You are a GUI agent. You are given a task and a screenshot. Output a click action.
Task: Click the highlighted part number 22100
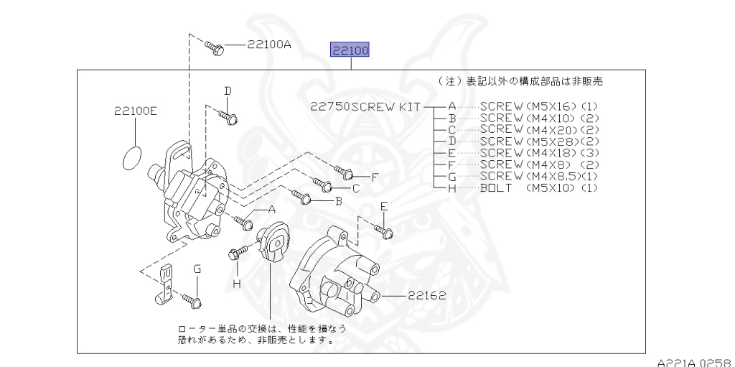point(350,50)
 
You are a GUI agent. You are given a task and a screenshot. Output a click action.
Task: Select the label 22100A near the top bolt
point(269,45)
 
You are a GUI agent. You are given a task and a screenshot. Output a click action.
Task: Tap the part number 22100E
point(136,111)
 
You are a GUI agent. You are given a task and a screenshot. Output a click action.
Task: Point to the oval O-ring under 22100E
point(132,158)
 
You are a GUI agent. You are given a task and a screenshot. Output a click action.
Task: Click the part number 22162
point(426,295)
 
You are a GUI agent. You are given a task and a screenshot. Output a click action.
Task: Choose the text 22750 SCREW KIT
point(365,106)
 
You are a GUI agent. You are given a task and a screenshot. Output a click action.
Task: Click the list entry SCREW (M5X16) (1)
point(539,106)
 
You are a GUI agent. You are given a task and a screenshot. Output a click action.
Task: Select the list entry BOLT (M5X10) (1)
point(539,188)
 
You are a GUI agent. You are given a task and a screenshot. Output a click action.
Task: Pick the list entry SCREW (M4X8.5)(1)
point(539,177)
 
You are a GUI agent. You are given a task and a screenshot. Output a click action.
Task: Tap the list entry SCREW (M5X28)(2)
point(539,141)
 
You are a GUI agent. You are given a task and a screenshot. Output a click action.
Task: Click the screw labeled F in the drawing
point(344,172)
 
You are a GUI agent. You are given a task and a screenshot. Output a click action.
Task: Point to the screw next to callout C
point(322,185)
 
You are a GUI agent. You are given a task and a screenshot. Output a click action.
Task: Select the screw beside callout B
point(301,196)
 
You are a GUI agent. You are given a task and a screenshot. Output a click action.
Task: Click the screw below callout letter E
point(383,231)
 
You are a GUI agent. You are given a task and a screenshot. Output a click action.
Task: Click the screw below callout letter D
point(228,117)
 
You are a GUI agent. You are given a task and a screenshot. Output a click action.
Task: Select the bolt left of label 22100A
point(215,48)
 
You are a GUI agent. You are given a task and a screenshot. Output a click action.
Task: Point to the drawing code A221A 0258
point(696,362)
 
